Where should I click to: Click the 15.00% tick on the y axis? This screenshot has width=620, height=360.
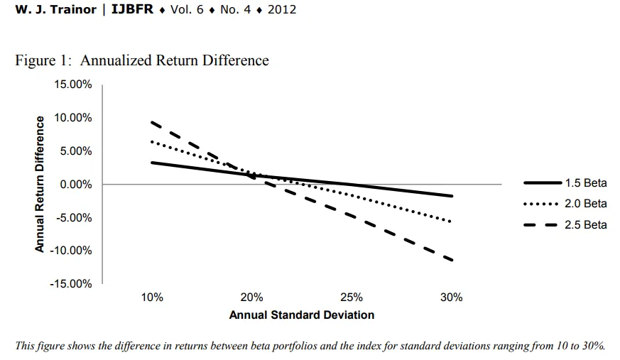click(x=72, y=84)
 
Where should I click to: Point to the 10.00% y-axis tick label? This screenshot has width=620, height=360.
click(x=72, y=118)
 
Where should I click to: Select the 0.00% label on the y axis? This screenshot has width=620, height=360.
click(x=75, y=185)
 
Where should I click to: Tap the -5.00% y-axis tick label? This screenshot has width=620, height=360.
click(x=74, y=217)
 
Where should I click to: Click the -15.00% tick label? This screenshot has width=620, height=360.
click(x=71, y=284)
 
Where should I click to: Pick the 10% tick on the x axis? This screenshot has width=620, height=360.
click(x=152, y=298)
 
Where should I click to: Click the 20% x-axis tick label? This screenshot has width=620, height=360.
click(x=252, y=298)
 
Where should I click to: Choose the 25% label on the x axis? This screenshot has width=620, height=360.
click(x=352, y=298)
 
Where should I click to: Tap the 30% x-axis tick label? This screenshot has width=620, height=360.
click(x=452, y=298)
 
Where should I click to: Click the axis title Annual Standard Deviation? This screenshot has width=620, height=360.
click(x=301, y=314)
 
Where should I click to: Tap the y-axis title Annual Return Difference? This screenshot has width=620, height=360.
click(x=40, y=184)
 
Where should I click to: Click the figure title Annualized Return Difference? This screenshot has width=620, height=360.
click(x=142, y=60)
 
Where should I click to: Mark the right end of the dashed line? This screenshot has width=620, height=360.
click(x=452, y=260)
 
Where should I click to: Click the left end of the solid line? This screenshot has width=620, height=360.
click(x=152, y=163)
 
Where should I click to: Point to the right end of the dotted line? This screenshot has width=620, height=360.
click(x=452, y=222)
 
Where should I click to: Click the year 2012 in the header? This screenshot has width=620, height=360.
click(x=281, y=10)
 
